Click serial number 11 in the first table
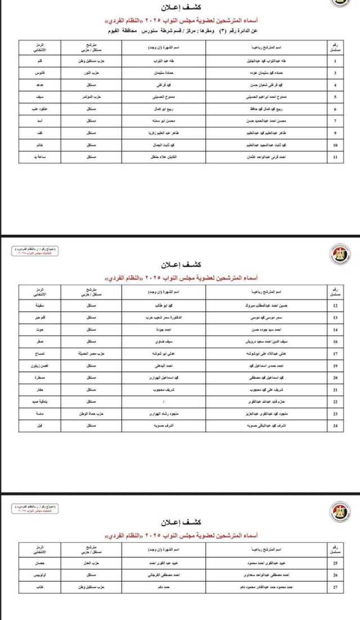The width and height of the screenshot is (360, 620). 335,158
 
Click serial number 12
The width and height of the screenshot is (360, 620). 335,305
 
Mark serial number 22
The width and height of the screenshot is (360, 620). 335,402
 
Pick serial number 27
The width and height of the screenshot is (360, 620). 335,587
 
